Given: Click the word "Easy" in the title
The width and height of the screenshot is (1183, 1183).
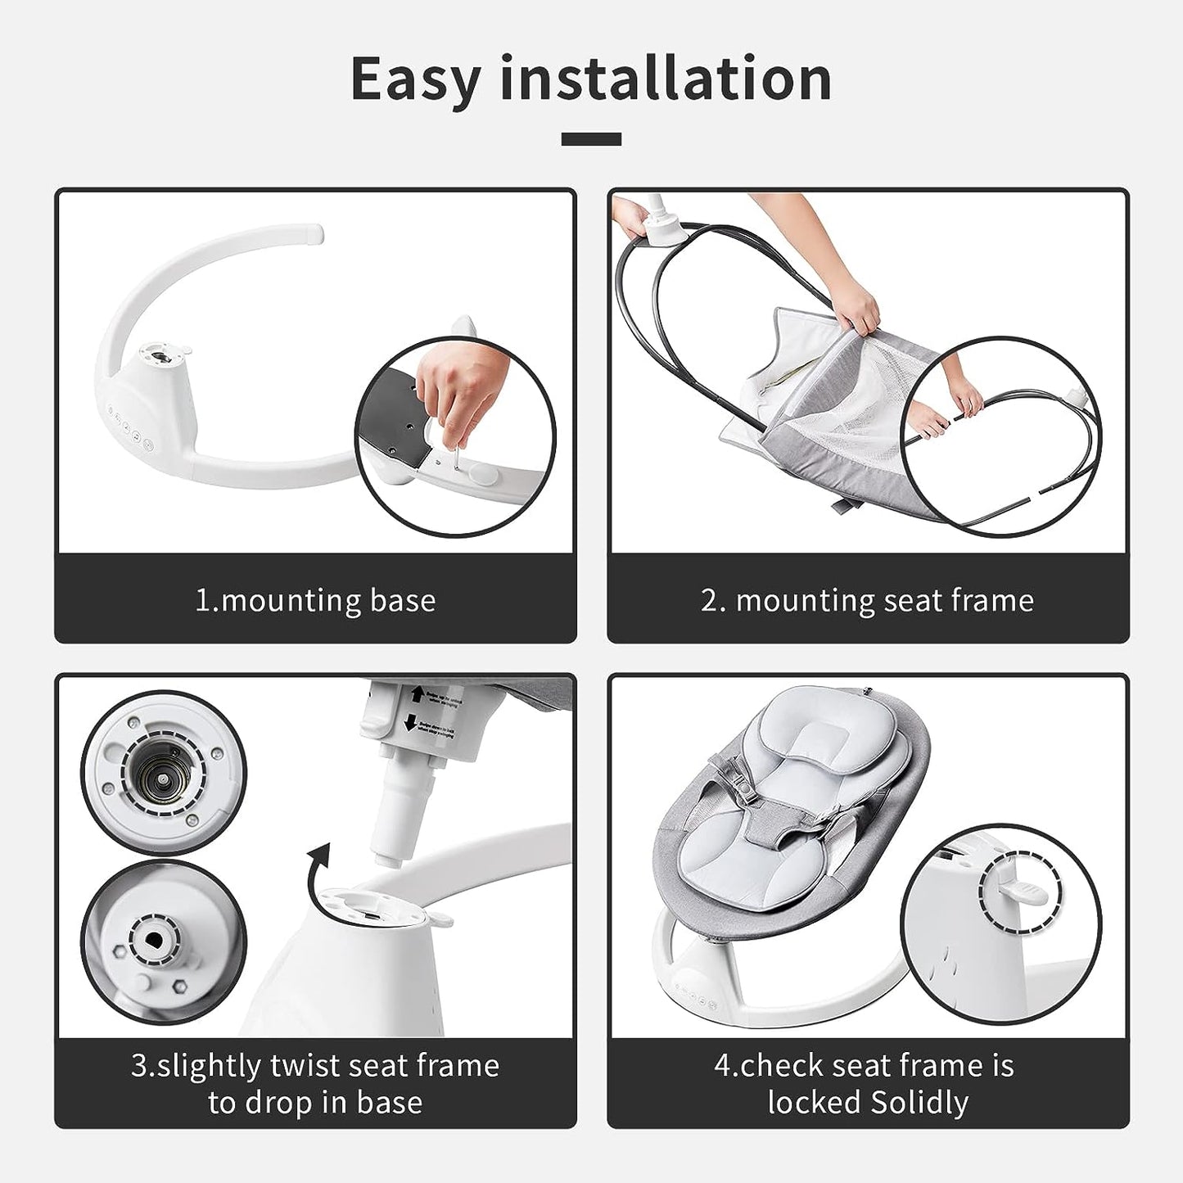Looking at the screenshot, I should point(416,79).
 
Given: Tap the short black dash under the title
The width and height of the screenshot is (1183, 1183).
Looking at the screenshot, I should point(591,139).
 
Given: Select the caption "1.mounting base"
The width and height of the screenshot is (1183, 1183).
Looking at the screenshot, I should point(315,600).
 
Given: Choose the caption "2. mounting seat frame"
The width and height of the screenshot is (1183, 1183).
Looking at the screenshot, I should point(868,600).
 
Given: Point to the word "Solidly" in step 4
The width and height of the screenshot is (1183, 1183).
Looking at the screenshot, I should point(919,1103).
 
